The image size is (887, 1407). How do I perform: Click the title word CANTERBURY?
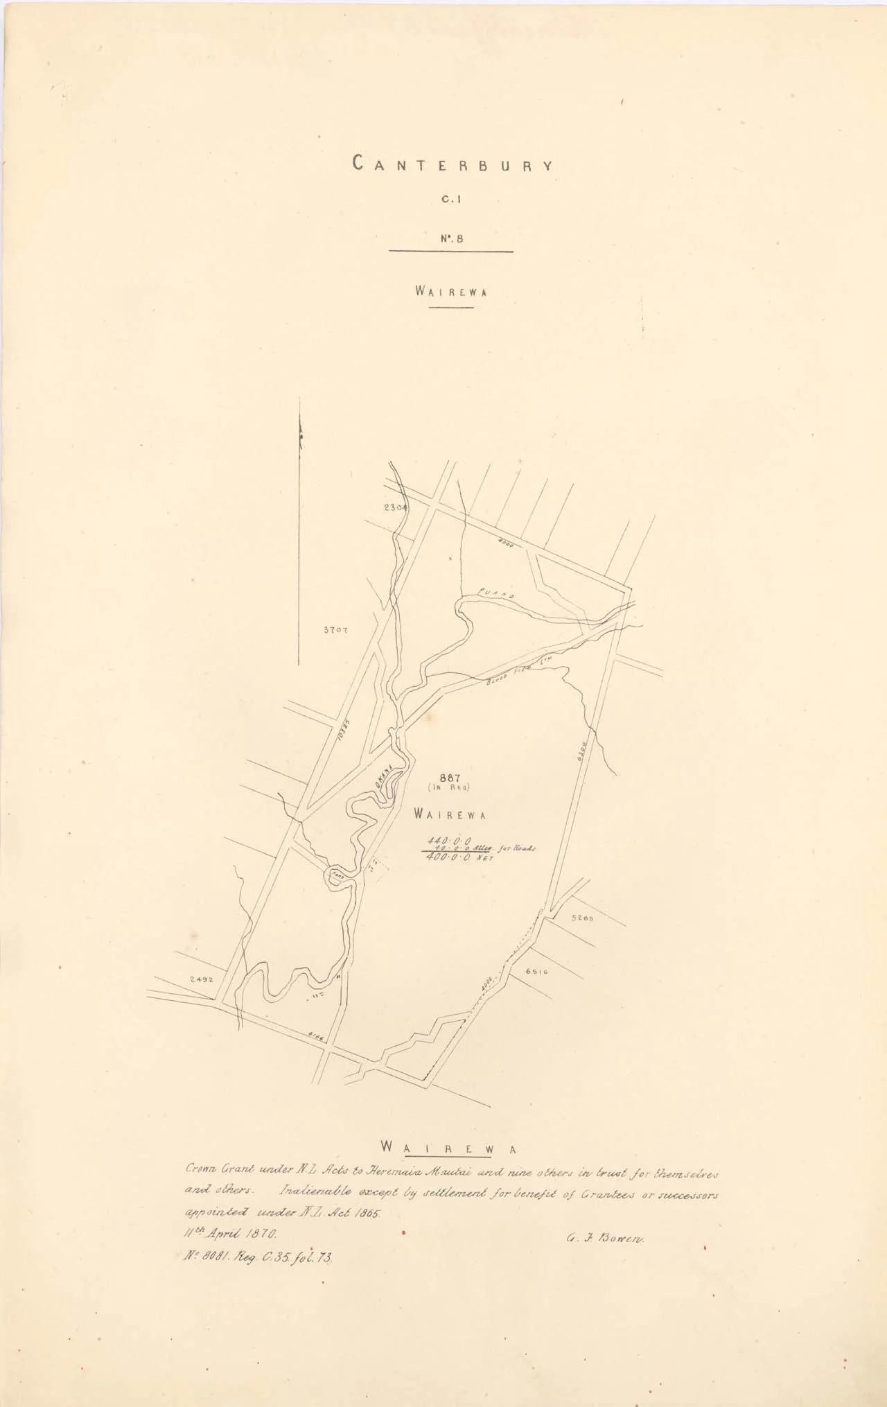[453, 164]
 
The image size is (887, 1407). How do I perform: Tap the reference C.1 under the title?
[452, 201]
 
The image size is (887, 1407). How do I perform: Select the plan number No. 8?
[451, 238]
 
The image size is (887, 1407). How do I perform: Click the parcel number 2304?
[395, 507]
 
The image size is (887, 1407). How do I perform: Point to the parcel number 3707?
[335, 631]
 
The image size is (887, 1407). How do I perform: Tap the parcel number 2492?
[200, 980]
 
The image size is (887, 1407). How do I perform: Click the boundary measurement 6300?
[583, 753]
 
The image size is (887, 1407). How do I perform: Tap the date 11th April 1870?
[230, 1234]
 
